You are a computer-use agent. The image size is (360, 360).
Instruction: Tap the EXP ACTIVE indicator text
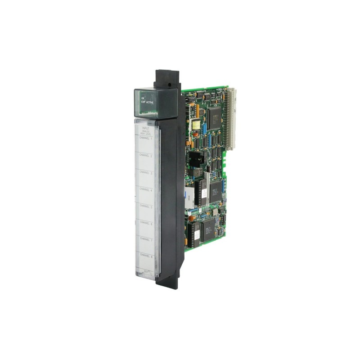(x=147, y=102)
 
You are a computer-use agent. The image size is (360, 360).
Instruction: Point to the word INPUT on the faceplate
(x=145, y=128)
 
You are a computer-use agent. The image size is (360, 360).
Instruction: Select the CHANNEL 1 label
(x=146, y=138)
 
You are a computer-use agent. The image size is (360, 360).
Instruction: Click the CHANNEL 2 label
(x=146, y=155)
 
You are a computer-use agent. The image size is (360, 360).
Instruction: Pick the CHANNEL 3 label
(x=146, y=172)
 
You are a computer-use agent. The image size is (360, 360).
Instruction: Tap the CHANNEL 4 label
(x=146, y=189)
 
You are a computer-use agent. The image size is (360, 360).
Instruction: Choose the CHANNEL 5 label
(x=146, y=206)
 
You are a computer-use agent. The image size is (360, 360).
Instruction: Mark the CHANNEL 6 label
(x=146, y=222)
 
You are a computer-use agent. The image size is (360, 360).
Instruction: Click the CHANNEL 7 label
(x=146, y=239)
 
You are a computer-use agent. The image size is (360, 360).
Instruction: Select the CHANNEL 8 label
(x=146, y=256)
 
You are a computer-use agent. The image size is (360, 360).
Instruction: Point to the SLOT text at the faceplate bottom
(x=146, y=271)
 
